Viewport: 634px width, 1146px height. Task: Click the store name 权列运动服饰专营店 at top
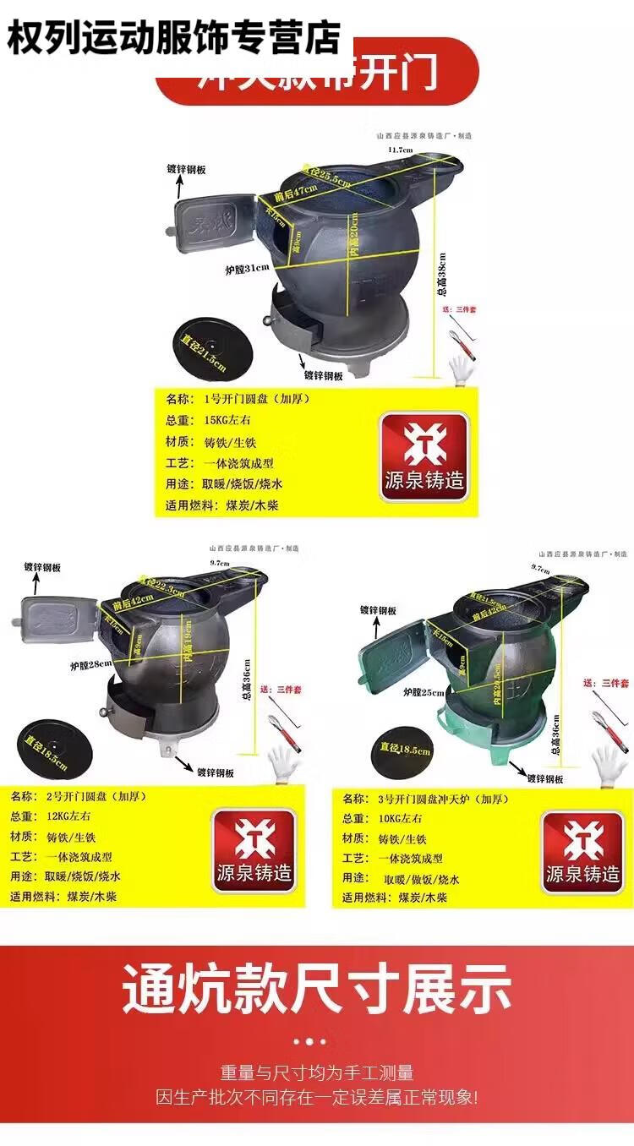point(173,38)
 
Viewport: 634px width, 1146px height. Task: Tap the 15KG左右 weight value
point(228,419)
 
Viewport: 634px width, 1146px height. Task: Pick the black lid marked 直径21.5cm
point(204,347)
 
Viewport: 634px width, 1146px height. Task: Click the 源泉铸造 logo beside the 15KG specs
point(423,456)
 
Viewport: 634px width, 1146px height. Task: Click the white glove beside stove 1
point(462,370)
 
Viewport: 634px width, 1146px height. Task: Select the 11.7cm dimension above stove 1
point(400,150)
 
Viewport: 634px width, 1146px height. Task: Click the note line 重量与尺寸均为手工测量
point(317,1073)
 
